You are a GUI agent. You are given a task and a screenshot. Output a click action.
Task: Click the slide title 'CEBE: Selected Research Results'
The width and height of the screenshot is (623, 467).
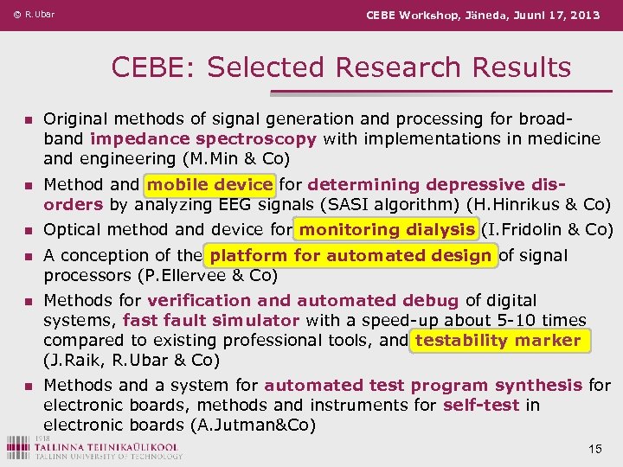[341, 67]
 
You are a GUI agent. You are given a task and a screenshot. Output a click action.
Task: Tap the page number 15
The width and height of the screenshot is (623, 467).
[594, 449]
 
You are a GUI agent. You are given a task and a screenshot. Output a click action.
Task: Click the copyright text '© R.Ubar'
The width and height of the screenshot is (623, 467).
[34, 15]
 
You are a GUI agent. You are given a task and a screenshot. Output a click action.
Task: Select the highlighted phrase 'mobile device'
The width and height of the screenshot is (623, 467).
[210, 184]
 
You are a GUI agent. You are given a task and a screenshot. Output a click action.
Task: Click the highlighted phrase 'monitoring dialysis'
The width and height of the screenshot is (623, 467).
[387, 229]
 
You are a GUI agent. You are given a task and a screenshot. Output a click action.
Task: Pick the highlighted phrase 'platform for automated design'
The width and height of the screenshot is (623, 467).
[350, 255]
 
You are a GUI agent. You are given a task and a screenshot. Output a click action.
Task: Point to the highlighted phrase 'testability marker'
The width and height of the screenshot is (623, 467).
[498, 340]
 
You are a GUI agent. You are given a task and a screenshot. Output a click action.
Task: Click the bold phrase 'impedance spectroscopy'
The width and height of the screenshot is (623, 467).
[202, 138]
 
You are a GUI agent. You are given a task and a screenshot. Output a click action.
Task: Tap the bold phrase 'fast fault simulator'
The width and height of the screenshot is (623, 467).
[211, 320]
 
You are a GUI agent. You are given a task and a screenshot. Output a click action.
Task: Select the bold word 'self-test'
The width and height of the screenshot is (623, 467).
[482, 405]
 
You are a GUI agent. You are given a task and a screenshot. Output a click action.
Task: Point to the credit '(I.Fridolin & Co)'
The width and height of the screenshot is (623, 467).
[547, 229]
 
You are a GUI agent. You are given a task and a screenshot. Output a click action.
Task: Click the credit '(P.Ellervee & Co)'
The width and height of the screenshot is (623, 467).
[160, 276]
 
